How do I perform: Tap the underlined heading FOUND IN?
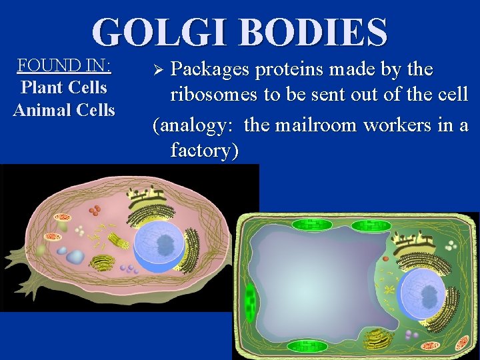tap(64, 65)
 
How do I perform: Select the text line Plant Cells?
tap(64, 87)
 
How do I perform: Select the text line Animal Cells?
tap(64, 109)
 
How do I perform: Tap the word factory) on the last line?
tap(204, 150)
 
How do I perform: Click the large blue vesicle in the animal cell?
tap(75, 256)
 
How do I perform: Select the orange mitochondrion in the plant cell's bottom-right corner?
tap(461, 344)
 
